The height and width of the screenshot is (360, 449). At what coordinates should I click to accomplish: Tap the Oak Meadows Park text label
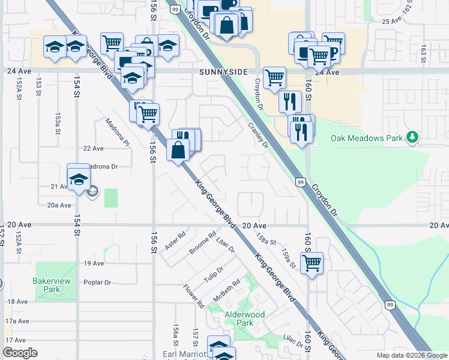(366, 138)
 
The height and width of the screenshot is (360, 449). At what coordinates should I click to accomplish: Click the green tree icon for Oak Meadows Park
(412, 138)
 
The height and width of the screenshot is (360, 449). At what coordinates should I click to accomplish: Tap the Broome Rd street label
(202, 243)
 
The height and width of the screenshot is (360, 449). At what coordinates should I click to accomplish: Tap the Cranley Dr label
(258, 136)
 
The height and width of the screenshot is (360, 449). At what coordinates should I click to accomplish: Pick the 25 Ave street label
(391, 20)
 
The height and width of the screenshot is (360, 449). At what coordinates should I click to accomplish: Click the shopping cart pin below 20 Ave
(312, 262)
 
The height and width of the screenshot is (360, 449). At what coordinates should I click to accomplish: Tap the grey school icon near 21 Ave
(92, 192)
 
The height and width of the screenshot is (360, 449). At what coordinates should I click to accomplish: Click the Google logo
(20, 353)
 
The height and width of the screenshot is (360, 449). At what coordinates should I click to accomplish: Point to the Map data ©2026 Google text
(411, 355)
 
